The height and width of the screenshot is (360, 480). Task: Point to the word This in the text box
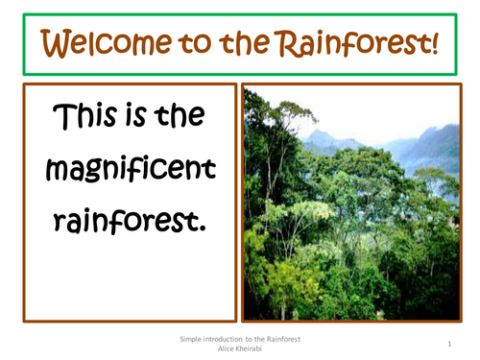point(84,118)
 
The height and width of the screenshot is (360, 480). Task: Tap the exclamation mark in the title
point(433,42)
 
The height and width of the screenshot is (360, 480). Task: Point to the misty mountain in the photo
point(422,144)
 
